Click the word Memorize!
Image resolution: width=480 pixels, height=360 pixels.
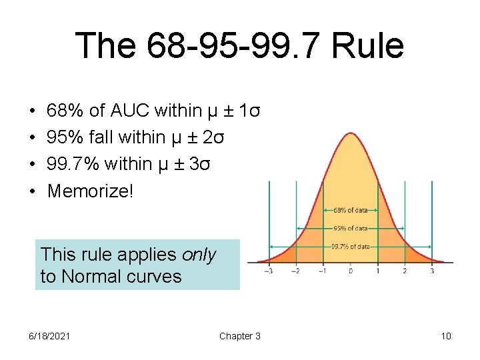point(91,191)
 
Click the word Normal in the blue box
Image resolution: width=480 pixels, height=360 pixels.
point(93,276)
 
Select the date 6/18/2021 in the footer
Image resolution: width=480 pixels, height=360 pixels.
point(49,336)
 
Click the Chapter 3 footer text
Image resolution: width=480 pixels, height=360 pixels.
point(240,336)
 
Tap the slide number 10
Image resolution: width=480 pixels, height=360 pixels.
point(446,336)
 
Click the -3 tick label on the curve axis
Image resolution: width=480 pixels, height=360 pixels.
point(268,271)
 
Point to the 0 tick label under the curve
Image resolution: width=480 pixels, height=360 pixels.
point(351,271)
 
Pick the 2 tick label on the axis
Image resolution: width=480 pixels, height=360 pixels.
point(405,271)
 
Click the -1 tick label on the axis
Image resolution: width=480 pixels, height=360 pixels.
point(323,271)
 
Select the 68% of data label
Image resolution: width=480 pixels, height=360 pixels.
point(351,210)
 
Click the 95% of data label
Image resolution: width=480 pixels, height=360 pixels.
point(351,228)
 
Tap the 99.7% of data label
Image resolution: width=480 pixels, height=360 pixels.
point(351,246)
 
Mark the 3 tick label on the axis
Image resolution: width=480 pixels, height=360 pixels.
point(432,271)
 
